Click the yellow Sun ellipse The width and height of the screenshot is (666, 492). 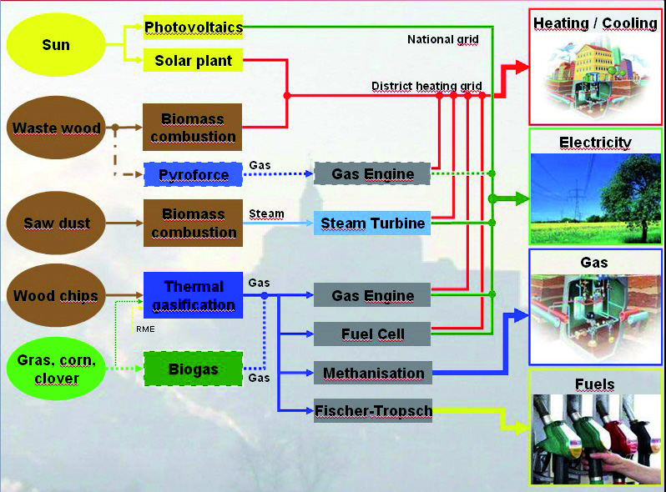(55, 44)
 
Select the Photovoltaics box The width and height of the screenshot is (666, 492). (193, 27)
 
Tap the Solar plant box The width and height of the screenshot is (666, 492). (193, 61)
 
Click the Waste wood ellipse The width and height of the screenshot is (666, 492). (56, 128)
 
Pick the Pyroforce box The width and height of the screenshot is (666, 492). (193, 174)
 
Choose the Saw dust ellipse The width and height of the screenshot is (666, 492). (56, 223)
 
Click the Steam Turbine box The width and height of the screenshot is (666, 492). (372, 223)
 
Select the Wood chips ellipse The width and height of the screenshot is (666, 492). (56, 296)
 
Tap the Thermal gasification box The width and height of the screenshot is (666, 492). (193, 295)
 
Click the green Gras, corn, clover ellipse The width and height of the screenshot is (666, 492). (56, 368)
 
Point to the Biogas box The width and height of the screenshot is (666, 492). (193, 368)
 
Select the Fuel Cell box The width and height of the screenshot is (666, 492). (372, 334)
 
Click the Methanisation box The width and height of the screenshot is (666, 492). (372, 373)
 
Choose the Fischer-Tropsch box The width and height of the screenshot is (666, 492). (372, 410)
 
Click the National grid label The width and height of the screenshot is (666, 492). (442, 39)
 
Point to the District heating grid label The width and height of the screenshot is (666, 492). (427, 86)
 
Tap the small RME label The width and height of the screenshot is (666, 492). (146, 329)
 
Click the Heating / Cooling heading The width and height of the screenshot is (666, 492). (595, 23)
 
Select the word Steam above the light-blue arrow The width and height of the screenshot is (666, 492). (266, 213)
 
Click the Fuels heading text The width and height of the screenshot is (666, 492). (594, 384)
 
